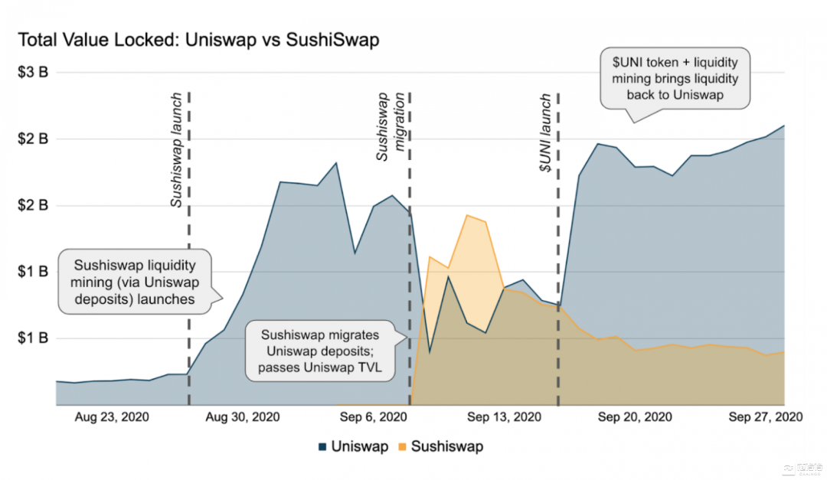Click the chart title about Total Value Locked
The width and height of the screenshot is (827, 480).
coord(198,40)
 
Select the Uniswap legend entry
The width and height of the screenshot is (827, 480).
coord(353,446)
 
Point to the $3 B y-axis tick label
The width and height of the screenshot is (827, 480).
coord(33,73)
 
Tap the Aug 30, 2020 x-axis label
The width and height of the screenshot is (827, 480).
coord(244,417)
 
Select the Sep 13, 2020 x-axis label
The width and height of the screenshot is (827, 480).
coord(504,417)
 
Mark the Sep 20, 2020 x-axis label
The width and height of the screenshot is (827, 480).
coord(635,417)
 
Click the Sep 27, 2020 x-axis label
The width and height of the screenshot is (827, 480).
coord(765,417)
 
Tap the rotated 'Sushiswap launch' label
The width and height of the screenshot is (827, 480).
coord(176,151)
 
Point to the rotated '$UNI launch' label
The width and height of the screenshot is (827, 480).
coord(545,133)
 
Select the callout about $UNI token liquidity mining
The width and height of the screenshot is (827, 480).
coord(675,78)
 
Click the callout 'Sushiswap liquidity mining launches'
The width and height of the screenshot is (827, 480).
coord(135,282)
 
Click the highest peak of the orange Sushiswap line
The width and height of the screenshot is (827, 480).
coord(466,215)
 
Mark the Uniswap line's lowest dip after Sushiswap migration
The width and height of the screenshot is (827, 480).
coord(430,352)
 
